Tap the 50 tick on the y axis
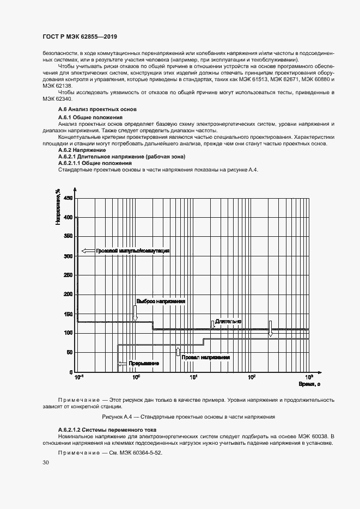(x=69, y=352)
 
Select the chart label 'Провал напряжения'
(x=206, y=358)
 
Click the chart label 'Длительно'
(x=228, y=322)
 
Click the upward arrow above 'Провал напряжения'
(x=178, y=351)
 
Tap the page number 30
(x=46, y=463)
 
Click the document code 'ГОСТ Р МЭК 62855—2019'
(x=80, y=37)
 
